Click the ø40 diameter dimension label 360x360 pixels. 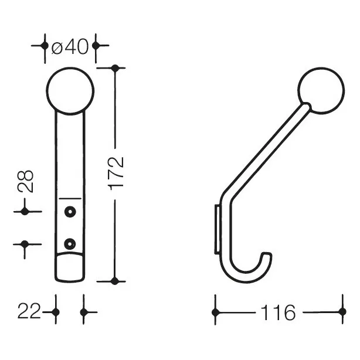tap(70, 47)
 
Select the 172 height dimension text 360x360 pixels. tap(117, 174)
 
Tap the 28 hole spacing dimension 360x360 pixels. tap(25, 181)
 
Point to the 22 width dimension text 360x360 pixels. tap(29, 311)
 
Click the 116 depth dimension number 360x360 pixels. tap(279, 313)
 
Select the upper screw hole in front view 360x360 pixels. tap(70, 212)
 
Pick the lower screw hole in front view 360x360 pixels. tap(70, 244)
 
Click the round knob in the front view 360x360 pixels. tap(70, 91)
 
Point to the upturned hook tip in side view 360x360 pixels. tap(267, 256)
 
